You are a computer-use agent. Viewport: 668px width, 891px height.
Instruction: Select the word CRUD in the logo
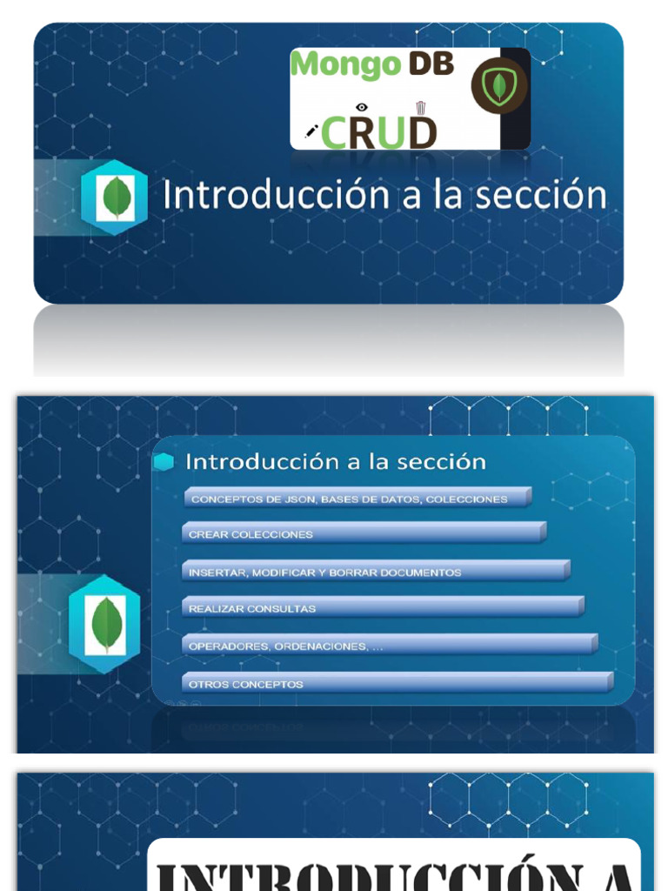[x=378, y=131]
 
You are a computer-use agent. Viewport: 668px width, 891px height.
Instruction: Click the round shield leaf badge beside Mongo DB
[x=498, y=87]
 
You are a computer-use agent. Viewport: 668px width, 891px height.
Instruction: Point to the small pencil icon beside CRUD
[x=311, y=131]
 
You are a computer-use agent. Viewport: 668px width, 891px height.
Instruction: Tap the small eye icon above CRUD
[x=362, y=106]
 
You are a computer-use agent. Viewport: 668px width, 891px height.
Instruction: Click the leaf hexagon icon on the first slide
[x=114, y=198]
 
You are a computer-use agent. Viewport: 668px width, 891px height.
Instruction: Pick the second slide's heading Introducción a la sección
[x=336, y=461]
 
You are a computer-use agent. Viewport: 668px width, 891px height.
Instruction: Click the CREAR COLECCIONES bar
[x=364, y=533]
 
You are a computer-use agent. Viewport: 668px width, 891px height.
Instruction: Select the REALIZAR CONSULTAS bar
[x=383, y=607]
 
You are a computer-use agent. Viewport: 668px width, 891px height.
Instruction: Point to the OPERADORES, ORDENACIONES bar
[x=390, y=646]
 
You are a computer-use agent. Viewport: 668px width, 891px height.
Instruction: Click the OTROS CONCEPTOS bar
[x=397, y=683]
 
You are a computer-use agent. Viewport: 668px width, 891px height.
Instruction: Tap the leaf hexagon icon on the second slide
[x=106, y=624]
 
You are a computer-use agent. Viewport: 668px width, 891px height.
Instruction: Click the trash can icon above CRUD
[x=420, y=107]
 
